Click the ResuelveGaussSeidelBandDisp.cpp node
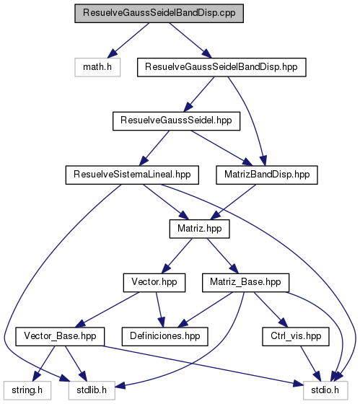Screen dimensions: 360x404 pos(159,13)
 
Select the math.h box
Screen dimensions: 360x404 pos(97,67)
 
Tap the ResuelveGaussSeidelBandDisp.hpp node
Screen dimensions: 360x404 pos(221,67)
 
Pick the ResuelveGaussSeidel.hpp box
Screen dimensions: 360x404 pos(176,121)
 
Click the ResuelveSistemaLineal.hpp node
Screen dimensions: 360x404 pos(132,175)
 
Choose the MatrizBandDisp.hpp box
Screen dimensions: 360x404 pos(267,175)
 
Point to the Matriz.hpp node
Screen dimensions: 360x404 pos(199,229)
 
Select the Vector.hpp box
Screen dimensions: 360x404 pos(154,283)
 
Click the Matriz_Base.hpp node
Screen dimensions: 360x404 pos(245,283)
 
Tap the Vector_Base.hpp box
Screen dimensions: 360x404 pos(60,336)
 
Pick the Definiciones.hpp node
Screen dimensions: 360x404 pos(165,336)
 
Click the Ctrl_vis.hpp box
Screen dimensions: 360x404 pos(296,336)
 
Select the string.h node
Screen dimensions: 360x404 pos(27,390)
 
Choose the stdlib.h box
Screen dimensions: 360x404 pos(92,390)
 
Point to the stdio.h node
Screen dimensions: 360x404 pos(325,390)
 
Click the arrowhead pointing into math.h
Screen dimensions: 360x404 pos(112,53)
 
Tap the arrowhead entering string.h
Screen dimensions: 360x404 pos(37,377)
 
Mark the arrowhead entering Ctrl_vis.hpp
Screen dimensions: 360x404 pos(283,322)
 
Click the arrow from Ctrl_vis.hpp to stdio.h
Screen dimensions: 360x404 pos(310,364)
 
